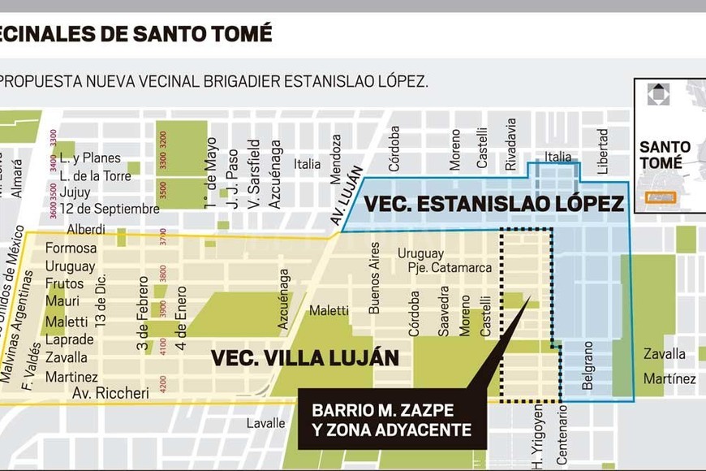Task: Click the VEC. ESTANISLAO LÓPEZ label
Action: pos(493,204)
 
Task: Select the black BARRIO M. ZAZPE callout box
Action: pos(392,419)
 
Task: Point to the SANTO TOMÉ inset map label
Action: pos(665,155)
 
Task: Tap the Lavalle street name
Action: pos(267,423)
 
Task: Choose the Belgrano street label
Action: pos(588,365)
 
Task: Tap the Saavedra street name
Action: pos(444,311)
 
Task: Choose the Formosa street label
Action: pos(71,248)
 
